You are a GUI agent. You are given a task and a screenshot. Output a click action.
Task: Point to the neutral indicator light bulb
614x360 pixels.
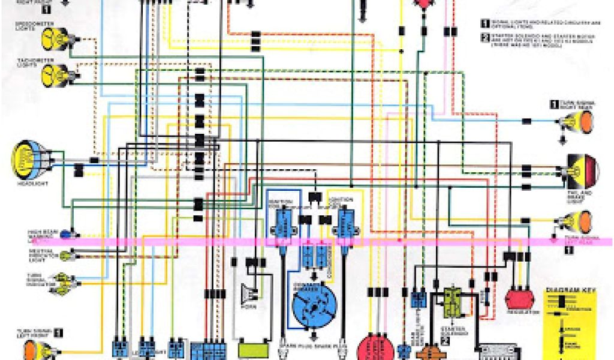pyautogui.click(x=65, y=256)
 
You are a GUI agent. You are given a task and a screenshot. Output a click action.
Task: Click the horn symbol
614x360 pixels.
pyautogui.click(x=248, y=292)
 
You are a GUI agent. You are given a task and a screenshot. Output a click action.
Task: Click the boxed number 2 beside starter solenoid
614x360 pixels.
pyautogui.click(x=445, y=340)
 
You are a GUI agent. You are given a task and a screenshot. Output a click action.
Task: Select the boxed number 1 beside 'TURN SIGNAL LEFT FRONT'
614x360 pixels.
pyautogui.click(x=59, y=331)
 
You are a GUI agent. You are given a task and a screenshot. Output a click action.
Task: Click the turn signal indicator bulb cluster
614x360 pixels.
pyautogui.click(x=61, y=283)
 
